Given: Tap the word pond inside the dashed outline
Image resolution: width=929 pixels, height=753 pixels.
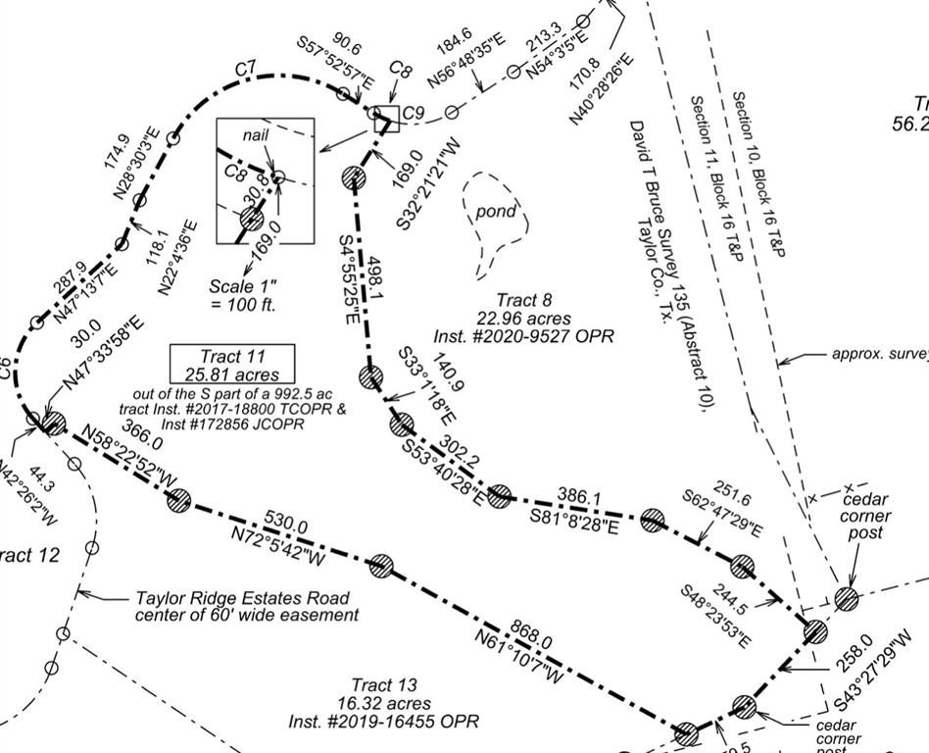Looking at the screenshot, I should click(495, 212).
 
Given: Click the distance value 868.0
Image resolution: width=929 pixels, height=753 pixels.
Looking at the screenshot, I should click(531, 636).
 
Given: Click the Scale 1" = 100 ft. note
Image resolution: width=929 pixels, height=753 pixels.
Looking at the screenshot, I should click(244, 295).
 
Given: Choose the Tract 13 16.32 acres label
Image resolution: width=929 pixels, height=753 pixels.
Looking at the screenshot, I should click(384, 702).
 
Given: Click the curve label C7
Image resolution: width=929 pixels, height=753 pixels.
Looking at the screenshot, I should click(246, 69).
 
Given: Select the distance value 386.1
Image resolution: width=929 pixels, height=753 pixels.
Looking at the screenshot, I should click(578, 497).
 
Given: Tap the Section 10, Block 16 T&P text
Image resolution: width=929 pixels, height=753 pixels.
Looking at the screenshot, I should click(759, 175).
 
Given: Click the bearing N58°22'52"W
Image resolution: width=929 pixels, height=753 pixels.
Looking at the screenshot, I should click(128, 458).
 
